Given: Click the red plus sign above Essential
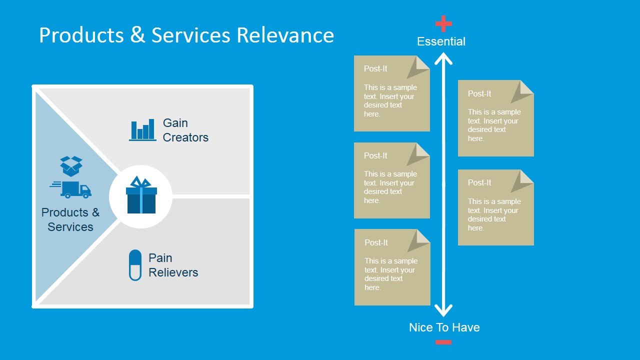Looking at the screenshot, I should pos(443,23).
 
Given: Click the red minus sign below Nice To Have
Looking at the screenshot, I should pos(443,342).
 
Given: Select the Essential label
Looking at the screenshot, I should pos(441,41).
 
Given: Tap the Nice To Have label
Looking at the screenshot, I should pos(444,327).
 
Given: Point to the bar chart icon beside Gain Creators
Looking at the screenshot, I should pos(142,130).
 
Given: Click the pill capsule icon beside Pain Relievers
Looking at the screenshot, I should pos(135,265).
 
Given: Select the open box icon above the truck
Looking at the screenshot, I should pos(71,165).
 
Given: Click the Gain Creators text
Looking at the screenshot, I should pos(185,130).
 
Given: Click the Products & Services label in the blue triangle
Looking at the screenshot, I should pos(70,219).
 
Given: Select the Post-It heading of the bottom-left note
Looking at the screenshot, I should pos(376,242).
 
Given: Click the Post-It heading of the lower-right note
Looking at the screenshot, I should pos(479,182).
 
